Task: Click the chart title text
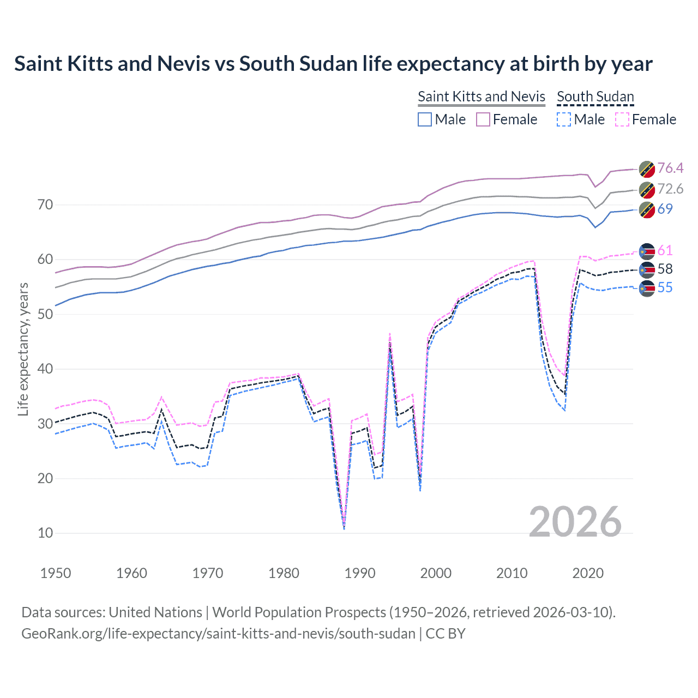click(x=333, y=64)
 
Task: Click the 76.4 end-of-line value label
click(x=670, y=168)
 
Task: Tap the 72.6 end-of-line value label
click(x=670, y=189)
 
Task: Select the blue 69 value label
click(x=665, y=209)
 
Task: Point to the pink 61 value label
click(x=665, y=250)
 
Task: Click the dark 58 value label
click(x=665, y=269)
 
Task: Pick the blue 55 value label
click(x=665, y=287)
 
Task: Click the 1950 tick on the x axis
click(x=56, y=573)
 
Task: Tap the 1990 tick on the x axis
click(x=360, y=573)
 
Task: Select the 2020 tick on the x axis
click(x=588, y=573)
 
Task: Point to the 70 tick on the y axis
click(x=45, y=204)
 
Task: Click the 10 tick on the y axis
click(x=45, y=533)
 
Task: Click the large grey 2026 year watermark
click(x=575, y=522)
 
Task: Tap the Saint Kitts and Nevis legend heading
click(x=481, y=97)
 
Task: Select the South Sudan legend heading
click(x=595, y=97)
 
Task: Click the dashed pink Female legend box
click(x=622, y=119)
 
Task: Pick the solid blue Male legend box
click(x=425, y=119)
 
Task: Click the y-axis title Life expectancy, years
click(x=23, y=349)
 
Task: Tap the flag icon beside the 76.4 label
click(x=647, y=169)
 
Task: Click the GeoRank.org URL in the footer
click(x=218, y=633)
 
